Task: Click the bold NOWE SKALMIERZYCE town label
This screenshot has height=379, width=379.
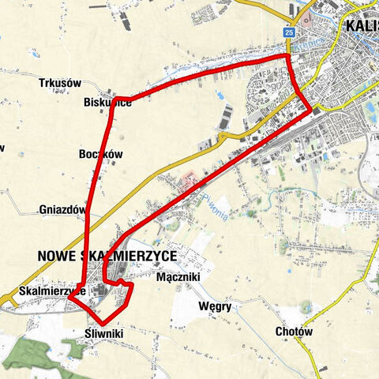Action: pyautogui.click(x=107, y=255)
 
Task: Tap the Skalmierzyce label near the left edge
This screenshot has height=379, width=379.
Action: pyautogui.click(x=43, y=291)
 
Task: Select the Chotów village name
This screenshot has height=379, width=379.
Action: pyautogui.click(x=295, y=332)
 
